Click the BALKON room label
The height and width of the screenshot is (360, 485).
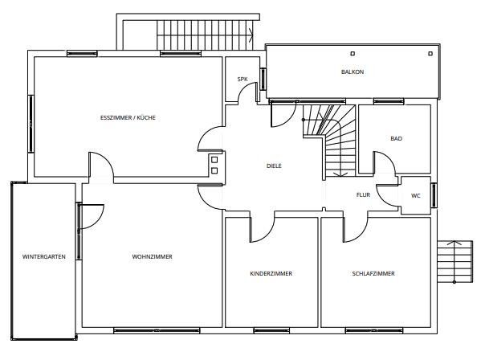(353, 72)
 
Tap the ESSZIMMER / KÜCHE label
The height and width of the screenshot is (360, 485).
(128, 117)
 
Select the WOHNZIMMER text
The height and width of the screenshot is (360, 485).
(152, 256)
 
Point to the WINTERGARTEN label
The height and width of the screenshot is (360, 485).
(44, 256)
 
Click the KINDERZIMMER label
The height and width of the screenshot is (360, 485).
(271, 273)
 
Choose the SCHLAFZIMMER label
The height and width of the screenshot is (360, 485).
(373, 273)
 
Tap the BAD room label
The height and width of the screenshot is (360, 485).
(396, 138)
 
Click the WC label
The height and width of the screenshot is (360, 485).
(416, 195)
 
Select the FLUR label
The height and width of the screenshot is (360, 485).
(363, 194)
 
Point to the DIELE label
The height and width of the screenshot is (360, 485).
(274, 166)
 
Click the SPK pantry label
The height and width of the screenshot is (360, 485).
(243, 80)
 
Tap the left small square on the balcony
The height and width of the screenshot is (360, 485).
(353, 54)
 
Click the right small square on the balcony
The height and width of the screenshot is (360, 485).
(430, 54)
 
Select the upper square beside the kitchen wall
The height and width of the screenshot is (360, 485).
(214, 160)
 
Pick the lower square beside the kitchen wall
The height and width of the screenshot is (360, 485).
(214, 170)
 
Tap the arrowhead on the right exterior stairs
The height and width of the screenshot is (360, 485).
(454, 243)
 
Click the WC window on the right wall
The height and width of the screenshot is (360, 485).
(434, 195)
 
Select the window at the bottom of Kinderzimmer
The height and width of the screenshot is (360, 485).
(271, 330)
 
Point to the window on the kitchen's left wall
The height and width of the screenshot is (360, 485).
(31, 124)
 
